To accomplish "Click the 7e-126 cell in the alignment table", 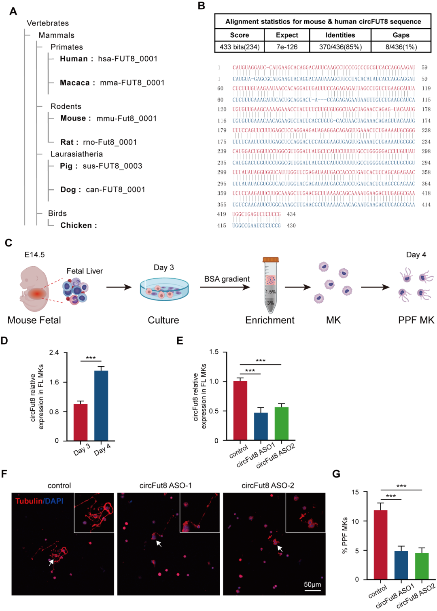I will coord(287,47).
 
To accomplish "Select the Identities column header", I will coord(340,35).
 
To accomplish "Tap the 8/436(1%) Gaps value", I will coord(401,47).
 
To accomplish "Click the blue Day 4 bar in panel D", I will coord(101,405).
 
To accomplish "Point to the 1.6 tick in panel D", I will coord(54,382).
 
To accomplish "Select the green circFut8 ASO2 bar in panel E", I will coord(282,423).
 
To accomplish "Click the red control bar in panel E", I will coord(240,410).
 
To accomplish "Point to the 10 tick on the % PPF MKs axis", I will coord(355,521).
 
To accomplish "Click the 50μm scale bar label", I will coord(312,584).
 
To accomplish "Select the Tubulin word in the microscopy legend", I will coord(29,501).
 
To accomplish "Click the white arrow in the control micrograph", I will coord(51,562).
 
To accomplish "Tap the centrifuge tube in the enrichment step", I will coord(270,285).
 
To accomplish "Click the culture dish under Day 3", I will coord(164,290).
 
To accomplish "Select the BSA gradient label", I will coord(227,279).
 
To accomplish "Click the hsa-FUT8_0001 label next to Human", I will coord(127,59).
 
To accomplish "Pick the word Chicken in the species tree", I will coord(76,225).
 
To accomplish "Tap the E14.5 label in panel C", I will coord(34,255).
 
